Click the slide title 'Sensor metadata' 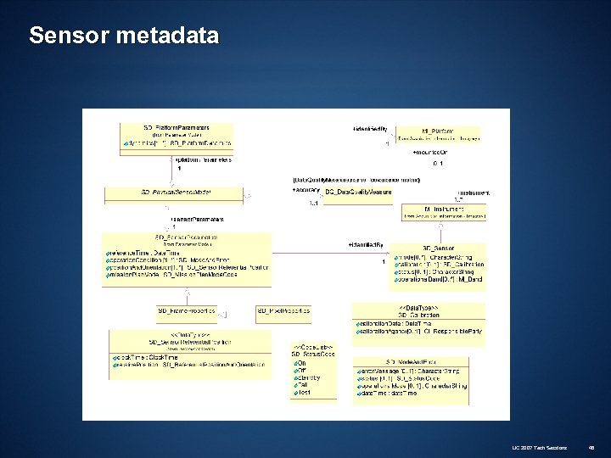pos(124,36)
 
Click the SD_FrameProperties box pos(187,312)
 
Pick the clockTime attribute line pos(141,358)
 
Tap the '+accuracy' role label pos(305,190)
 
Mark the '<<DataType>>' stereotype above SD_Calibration pos(413,306)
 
